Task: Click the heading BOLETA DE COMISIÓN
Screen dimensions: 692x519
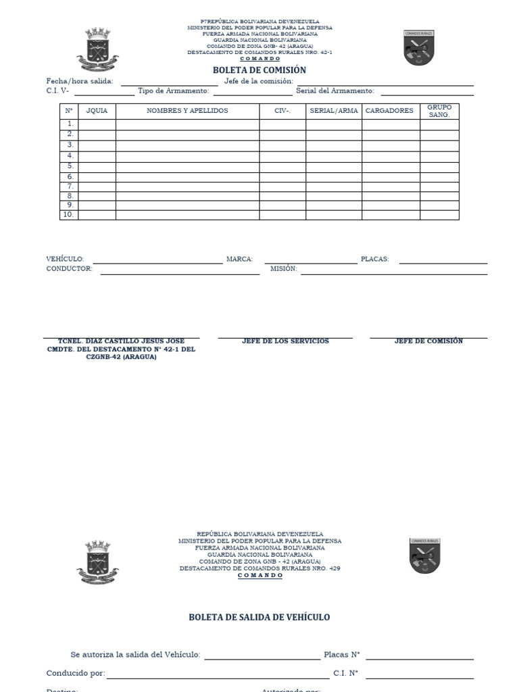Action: click(x=259, y=70)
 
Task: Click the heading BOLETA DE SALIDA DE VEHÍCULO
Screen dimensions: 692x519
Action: click(x=259, y=617)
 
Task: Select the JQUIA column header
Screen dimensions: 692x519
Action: click(x=97, y=111)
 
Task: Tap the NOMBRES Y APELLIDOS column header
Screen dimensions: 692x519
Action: click(x=187, y=111)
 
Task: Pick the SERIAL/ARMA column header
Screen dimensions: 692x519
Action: click(x=333, y=111)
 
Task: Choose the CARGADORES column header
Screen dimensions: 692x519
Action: click(x=389, y=111)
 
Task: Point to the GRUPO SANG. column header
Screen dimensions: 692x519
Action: click(x=439, y=111)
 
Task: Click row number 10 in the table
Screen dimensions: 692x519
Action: click(x=68, y=215)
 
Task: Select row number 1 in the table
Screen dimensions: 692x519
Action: click(x=69, y=124)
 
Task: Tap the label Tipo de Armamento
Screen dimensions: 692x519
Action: click(x=173, y=91)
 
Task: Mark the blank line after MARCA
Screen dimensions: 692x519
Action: click(x=310, y=262)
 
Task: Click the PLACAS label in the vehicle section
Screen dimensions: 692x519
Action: click(x=374, y=259)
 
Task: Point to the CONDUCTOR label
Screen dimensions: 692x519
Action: click(x=69, y=269)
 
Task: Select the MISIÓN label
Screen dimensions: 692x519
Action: click(x=283, y=269)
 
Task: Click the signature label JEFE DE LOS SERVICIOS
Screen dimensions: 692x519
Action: click(x=285, y=341)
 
